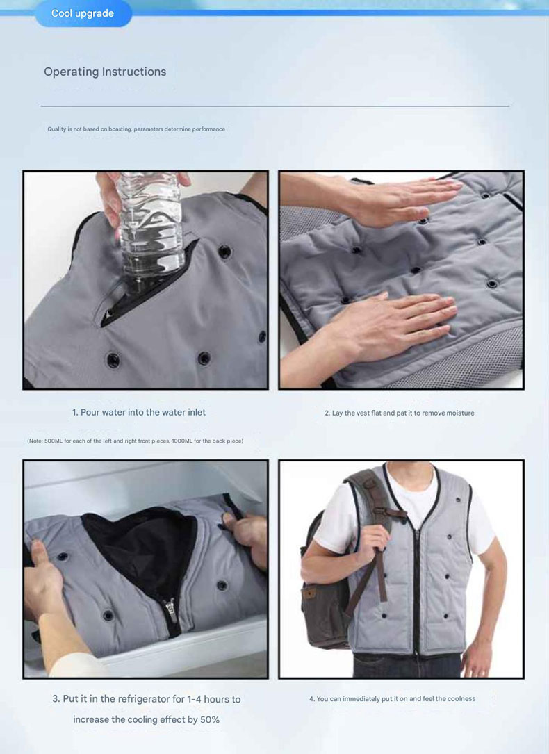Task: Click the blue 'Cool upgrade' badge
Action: tap(83, 13)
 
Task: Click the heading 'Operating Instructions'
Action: tap(105, 72)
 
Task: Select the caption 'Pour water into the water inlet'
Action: tap(142, 412)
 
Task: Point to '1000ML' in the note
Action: tap(181, 441)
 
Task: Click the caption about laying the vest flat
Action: tap(400, 413)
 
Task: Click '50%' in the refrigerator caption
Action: tap(209, 719)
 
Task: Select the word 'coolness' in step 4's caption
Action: tap(461, 698)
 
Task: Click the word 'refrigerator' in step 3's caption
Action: tap(144, 699)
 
